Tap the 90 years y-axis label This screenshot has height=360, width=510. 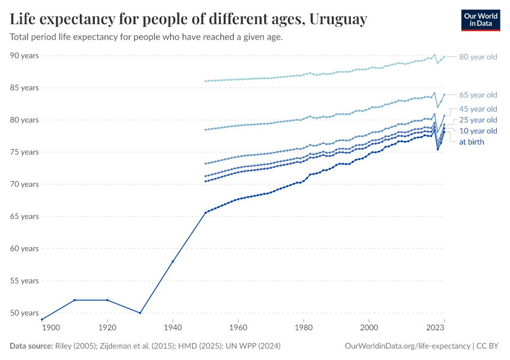[25, 55]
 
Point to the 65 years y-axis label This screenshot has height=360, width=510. [25, 216]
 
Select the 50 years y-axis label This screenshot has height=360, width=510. [25, 313]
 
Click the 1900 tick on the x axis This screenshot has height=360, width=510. [50, 328]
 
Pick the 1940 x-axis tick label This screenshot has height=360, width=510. [173, 328]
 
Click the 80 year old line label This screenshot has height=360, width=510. [478, 57]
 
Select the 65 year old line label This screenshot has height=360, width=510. [478, 95]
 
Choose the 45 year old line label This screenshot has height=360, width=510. [478, 109]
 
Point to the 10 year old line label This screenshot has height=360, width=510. [478, 131]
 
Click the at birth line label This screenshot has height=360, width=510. [472, 142]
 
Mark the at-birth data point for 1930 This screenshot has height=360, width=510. [140, 313]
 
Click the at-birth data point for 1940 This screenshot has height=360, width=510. [173, 261]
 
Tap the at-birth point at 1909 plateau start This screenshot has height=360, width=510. [74, 300]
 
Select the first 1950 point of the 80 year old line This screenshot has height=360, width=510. [205, 81]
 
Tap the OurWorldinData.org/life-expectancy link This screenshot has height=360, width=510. [408, 346]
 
